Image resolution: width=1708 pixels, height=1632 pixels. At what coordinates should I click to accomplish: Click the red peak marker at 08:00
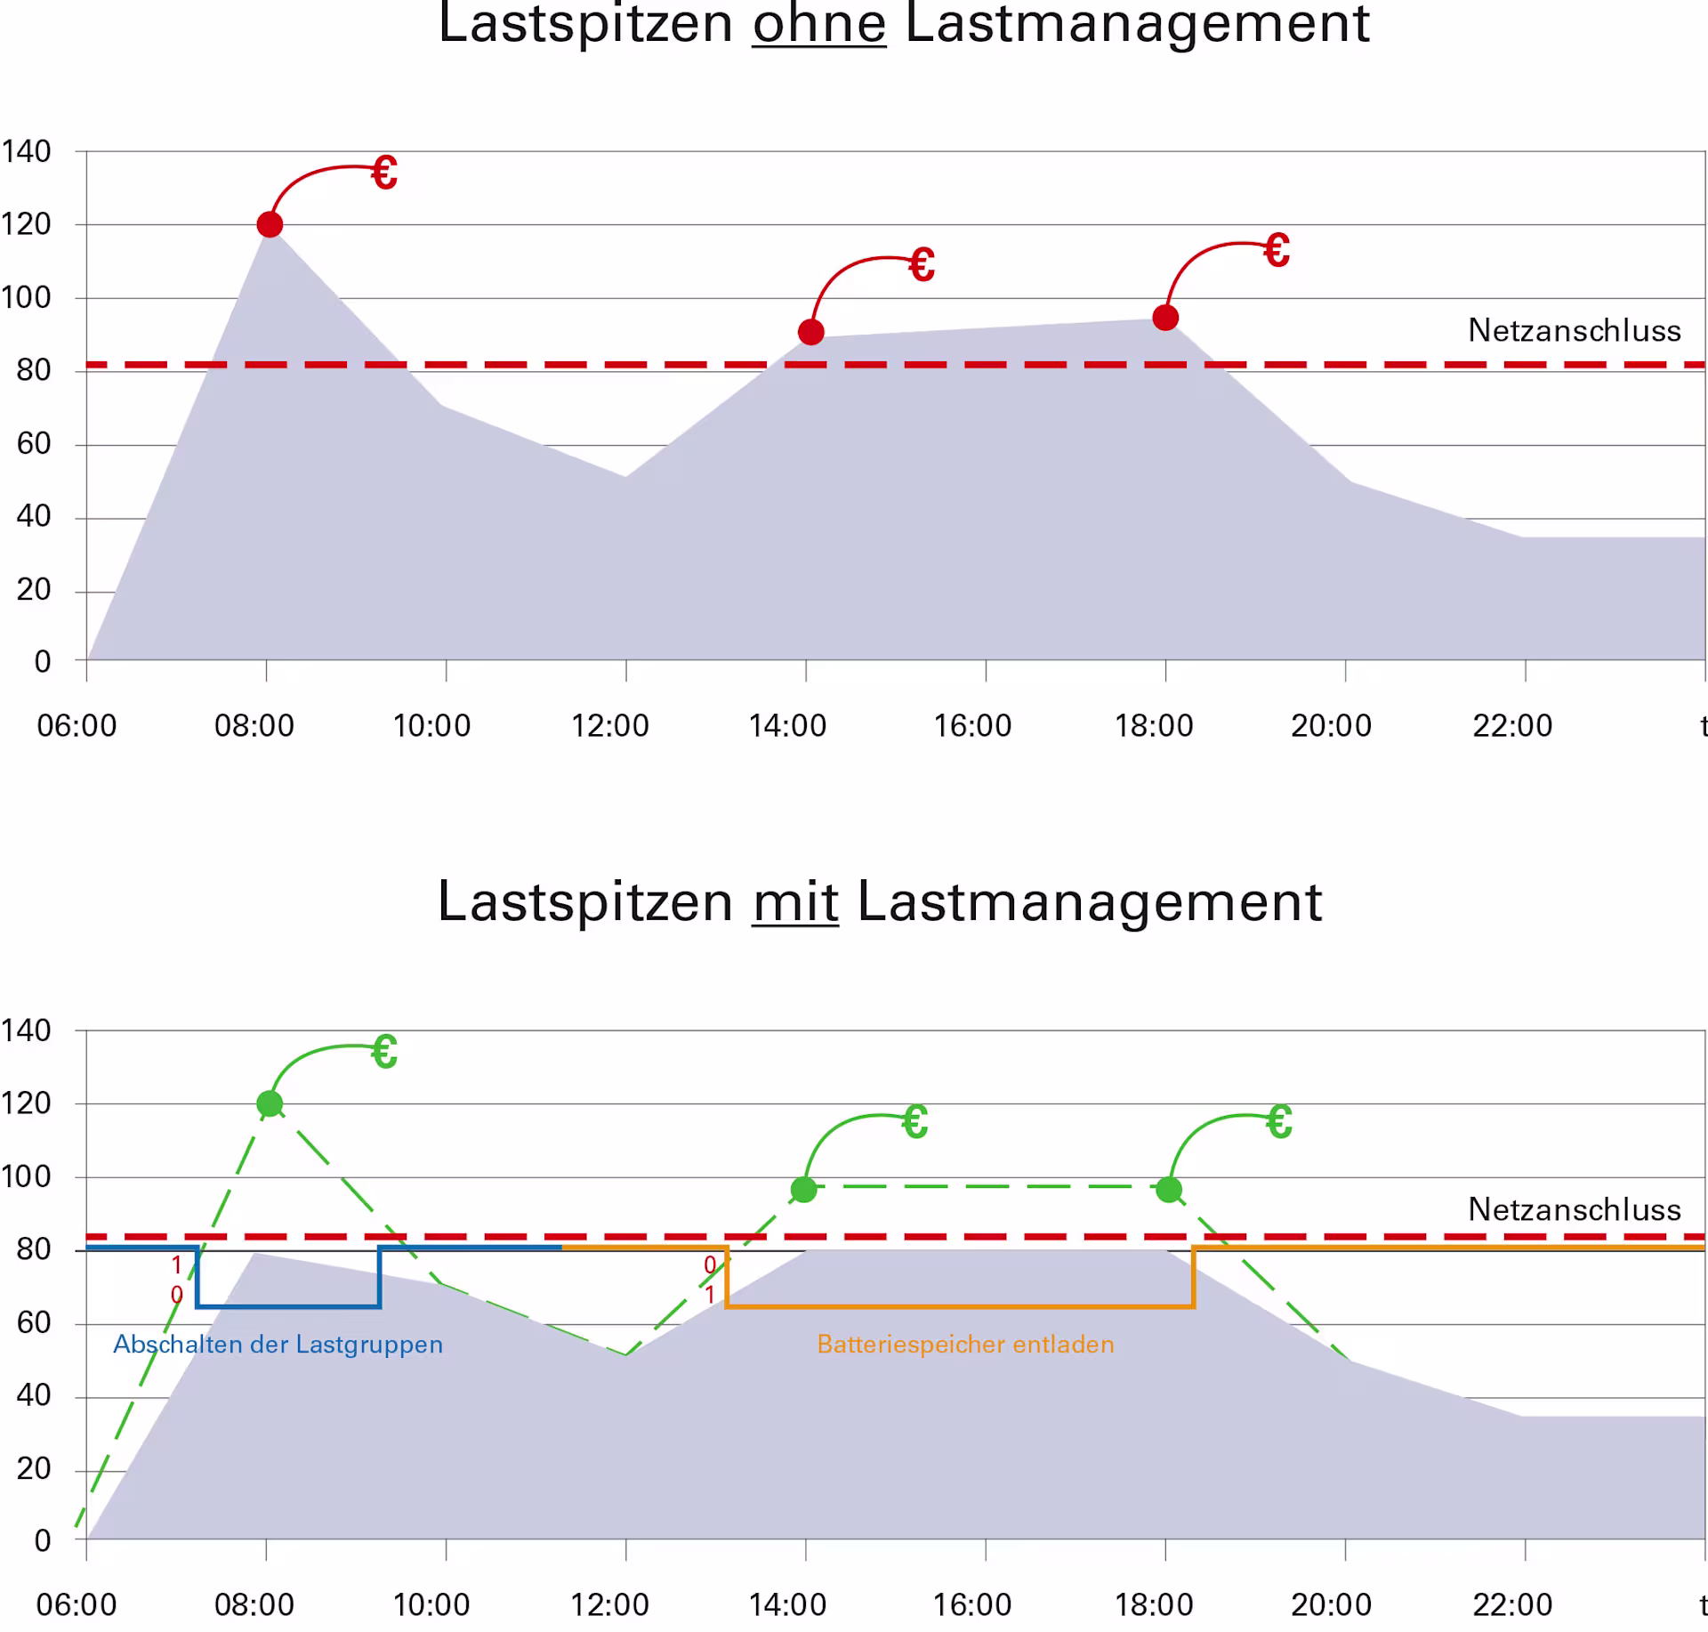click(270, 224)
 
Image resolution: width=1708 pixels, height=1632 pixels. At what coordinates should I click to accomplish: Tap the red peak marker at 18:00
click(1165, 318)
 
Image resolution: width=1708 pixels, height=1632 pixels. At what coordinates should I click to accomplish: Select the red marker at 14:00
click(810, 332)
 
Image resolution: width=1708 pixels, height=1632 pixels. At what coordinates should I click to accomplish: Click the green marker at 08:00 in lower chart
click(270, 1104)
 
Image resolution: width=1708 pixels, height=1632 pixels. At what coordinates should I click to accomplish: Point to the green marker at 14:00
click(803, 1190)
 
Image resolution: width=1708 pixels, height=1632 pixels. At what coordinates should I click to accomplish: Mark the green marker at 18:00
click(1169, 1190)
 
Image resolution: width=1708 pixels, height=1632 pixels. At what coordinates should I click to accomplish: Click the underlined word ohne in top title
click(818, 23)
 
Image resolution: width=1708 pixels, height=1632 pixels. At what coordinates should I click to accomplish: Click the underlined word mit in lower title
click(795, 902)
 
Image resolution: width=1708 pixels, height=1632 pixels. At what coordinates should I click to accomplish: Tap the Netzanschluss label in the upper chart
click(1574, 330)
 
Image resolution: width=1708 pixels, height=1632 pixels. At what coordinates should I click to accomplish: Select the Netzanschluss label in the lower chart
click(1574, 1209)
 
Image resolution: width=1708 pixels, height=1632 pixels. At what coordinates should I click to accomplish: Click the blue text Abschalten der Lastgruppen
click(278, 1345)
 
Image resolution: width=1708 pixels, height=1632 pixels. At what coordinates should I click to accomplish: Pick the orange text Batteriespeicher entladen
click(965, 1345)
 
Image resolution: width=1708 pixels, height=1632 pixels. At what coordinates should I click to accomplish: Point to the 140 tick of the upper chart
click(27, 151)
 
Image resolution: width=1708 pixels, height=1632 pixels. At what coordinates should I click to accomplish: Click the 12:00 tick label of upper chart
click(609, 726)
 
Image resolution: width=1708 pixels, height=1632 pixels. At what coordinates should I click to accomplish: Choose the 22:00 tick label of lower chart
click(1512, 1605)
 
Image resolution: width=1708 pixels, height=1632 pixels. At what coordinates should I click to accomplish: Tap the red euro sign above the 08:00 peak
click(384, 173)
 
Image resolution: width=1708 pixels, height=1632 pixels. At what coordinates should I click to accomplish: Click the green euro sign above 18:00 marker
click(1279, 1122)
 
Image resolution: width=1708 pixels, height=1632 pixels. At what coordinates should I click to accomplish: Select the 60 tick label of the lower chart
click(34, 1322)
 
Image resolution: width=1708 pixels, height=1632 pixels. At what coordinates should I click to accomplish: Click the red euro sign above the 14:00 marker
click(922, 265)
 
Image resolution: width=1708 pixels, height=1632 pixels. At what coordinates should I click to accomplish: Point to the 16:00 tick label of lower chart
click(971, 1605)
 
